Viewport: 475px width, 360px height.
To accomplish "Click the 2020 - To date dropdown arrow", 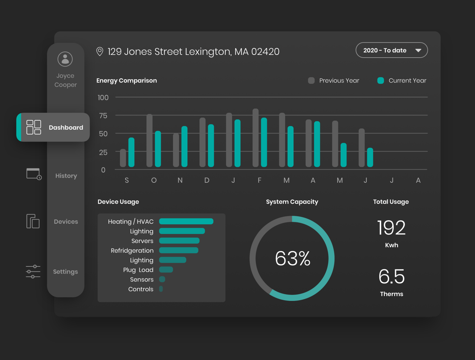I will tap(418, 50).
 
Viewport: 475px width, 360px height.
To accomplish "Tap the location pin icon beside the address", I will tap(100, 52).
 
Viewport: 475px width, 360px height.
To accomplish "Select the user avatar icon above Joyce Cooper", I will tap(65, 59).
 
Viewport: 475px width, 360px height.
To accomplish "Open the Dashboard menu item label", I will tap(66, 127).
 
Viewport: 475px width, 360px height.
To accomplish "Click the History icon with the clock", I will tap(34, 174).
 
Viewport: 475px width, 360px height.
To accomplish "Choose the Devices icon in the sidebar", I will tap(33, 221).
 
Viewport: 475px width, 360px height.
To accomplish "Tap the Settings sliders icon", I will tap(33, 271).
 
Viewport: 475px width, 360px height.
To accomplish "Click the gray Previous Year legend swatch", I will tap(311, 80).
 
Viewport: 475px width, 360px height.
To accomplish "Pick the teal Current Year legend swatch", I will tap(381, 80).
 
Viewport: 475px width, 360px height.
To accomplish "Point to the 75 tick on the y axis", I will tap(103, 116).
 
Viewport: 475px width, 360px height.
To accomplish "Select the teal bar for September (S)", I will tap(131, 152).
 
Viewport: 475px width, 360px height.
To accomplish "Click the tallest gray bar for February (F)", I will tap(255, 138).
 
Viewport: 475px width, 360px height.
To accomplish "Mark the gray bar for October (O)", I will tap(149, 140).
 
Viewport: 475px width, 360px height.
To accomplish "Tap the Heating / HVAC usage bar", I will tap(186, 221).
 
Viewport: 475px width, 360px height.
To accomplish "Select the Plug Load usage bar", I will tap(166, 270).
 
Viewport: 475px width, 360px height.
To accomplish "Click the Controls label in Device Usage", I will tap(141, 289).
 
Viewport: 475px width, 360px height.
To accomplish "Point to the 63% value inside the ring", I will tap(292, 258).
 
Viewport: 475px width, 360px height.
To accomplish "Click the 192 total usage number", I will tap(391, 228).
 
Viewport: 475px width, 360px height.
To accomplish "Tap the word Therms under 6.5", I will tap(391, 294).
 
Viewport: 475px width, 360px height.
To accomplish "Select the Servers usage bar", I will tap(179, 241).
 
